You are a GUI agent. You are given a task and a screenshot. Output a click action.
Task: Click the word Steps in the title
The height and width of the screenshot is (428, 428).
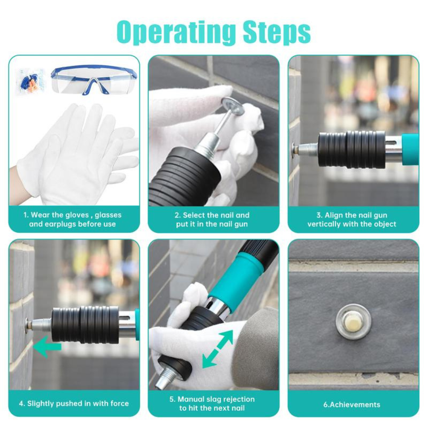tap(277, 32)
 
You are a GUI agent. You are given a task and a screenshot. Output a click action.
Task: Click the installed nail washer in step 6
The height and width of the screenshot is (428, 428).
tap(353, 321)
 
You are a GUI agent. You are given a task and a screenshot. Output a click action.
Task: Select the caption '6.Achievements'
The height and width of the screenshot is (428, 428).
tap(352, 405)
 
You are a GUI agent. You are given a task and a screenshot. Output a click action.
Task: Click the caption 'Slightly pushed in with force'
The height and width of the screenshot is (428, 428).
tap(74, 404)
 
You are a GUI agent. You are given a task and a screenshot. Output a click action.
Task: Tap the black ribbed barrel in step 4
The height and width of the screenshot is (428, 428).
tap(85, 324)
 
